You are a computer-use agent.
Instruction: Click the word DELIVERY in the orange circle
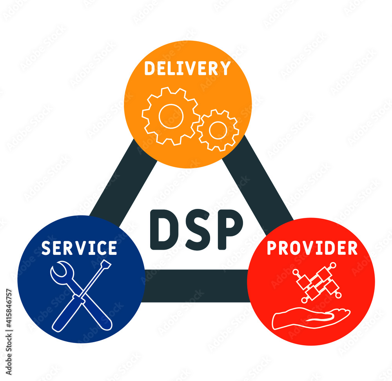[x=187, y=68]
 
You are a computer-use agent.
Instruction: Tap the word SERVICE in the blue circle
[x=79, y=248]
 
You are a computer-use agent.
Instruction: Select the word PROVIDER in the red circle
[x=312, y=248]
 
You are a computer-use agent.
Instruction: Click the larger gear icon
[x=171, y=116]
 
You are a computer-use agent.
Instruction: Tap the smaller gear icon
[x=218, y=130]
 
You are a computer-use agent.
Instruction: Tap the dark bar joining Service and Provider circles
[x=196, y=286]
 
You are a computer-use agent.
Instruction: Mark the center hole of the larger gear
[x=171, y=116]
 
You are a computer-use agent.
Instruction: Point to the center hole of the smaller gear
[x=218, y=130]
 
